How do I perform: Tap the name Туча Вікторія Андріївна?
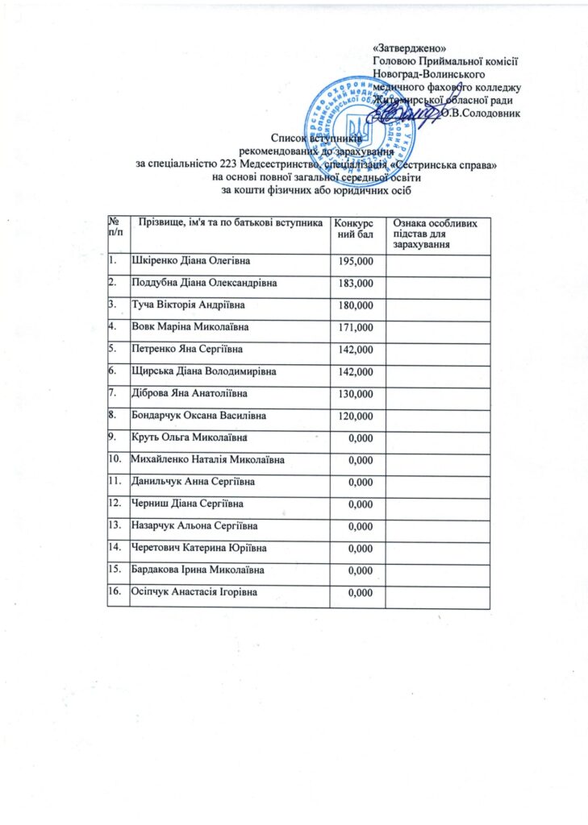[188, 306]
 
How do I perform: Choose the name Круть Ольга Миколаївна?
[188, 437]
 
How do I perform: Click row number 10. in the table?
[117, 459]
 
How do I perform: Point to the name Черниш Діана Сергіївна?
[187, 504]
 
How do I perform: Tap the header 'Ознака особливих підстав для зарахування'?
[436, 232]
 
